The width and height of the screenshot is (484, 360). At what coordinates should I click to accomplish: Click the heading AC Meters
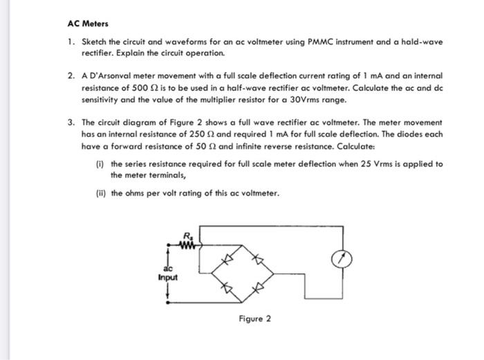[88, 23]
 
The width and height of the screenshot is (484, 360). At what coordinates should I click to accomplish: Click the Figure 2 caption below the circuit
[255, 319]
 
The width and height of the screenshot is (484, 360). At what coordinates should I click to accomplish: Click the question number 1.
[71, 42]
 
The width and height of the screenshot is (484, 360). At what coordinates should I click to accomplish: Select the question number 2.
[71, 73]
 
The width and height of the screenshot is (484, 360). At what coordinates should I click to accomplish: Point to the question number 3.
[71, 122]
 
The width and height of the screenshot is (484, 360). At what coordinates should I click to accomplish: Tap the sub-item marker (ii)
[100, 193]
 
